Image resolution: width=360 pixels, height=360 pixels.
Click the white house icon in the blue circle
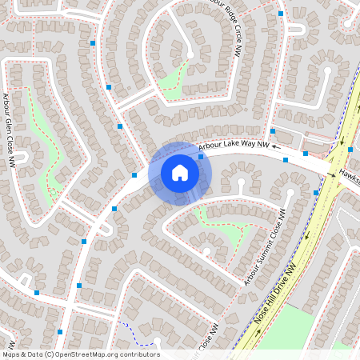click(180, 173)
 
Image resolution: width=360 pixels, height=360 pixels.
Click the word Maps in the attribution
click(12, 354)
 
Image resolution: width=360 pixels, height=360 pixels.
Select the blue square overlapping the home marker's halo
click(200, 157)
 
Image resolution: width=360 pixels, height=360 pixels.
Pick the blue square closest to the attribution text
click(60, 331)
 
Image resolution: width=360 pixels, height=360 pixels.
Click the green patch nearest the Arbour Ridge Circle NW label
click(173, 80)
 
